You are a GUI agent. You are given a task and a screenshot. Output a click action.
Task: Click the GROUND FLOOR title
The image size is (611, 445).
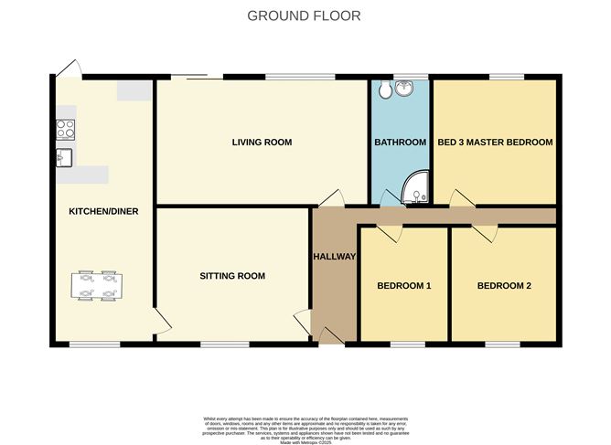[x=305, y=16]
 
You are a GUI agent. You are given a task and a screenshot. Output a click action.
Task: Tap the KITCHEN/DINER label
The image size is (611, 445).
[x=103, y=211]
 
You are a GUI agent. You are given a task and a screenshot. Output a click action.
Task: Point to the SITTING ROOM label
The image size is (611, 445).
[x=232, y=276]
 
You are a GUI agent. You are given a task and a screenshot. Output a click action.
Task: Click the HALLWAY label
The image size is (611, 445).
[x=334, y=257]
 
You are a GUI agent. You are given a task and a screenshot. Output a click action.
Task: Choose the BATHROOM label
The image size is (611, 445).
[x=400, y=143]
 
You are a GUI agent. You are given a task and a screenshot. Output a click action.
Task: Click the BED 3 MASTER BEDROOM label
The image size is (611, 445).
[x=495, y=143]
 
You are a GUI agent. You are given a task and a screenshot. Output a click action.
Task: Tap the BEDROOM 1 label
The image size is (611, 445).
[x=403, y=286]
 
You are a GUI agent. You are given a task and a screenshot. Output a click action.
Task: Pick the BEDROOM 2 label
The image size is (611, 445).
[x=504, y=286]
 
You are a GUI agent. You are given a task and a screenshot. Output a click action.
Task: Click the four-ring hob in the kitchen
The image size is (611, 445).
[x=66, y=130]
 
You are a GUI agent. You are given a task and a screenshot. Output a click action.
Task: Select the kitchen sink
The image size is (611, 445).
[x=63, y=157]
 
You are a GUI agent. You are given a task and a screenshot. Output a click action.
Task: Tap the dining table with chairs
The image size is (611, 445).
[x=96, y=285]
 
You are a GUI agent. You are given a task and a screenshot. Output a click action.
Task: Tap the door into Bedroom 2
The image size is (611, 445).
[x=483, y=233]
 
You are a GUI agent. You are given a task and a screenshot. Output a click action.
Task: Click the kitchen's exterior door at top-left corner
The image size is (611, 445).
[x=66, y=68]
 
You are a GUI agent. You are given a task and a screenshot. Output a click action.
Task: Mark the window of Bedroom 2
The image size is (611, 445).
[x=503, y=344]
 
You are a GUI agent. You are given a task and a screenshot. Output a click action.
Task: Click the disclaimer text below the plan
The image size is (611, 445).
[x=305, y=427]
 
